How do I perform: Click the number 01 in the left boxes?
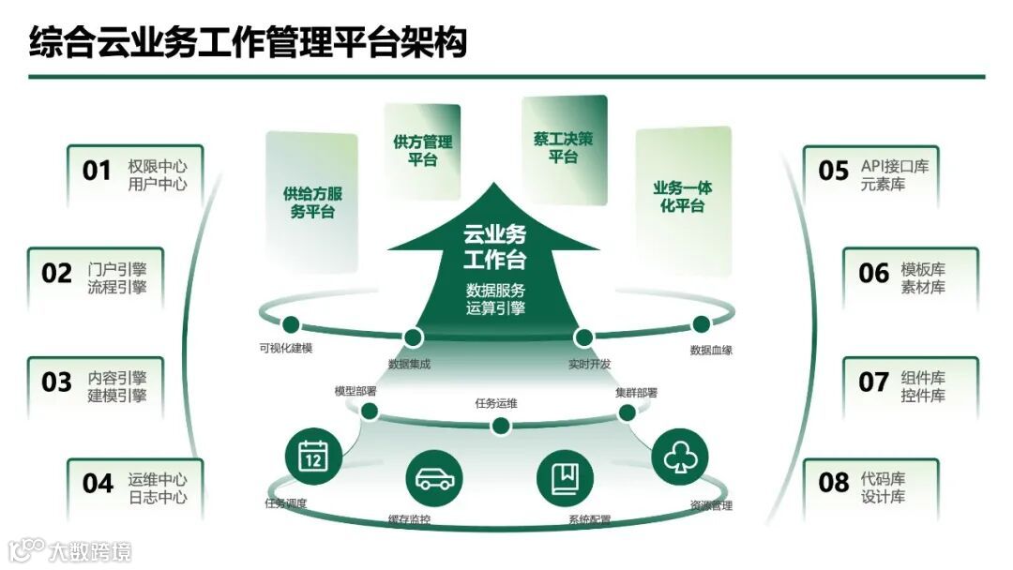97,171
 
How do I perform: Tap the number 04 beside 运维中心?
98,484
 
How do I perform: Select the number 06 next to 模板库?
873,273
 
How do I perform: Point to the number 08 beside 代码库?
834,483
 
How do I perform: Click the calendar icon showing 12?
311,457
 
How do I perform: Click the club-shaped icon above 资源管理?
678,457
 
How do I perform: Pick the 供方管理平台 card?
422,150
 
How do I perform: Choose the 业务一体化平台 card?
683,197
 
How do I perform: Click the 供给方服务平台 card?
312,202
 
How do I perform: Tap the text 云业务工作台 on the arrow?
494,246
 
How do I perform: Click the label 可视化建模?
286,348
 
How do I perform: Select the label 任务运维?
496,404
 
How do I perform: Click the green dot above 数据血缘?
701,324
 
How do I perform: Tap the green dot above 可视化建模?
291,324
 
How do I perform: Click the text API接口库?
895,167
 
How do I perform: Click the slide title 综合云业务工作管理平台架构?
248,42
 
